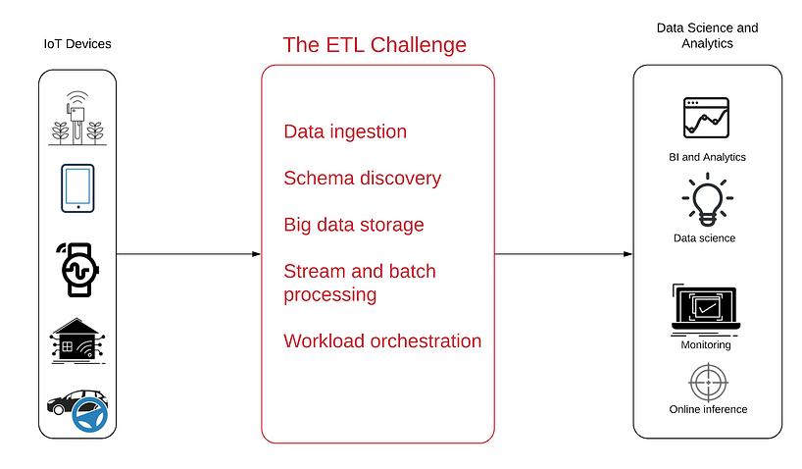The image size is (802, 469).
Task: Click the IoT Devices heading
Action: click(77, 44)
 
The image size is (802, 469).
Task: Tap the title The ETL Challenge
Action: click(375, 45)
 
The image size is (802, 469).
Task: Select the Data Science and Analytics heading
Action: click(707, 35)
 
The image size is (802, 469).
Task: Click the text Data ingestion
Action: click(345, 131)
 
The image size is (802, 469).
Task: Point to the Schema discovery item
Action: click(362, 179)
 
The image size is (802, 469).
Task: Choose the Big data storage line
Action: click(354, 225)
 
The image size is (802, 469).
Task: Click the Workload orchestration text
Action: click(382, 341)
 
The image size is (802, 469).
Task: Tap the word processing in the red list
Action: click(329, 295)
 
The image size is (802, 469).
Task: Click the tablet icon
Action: click(77, 188)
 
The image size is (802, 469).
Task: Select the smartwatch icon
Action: click(78, 270)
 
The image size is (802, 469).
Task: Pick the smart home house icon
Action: click(77, 341)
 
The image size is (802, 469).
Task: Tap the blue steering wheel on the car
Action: click(90, 415)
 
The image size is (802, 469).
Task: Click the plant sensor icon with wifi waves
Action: click(77, 119)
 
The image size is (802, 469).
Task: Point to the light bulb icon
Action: click(707, 200)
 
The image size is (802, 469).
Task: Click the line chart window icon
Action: click(706, 118)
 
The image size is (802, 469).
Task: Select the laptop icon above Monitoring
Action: click(706, 309)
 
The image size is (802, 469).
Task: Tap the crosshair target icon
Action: click(709, 383)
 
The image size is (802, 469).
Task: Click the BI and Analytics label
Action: click(707, 157)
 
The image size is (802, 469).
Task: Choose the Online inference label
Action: click(708, 409)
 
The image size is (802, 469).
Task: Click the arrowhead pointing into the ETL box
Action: click(257, 254)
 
